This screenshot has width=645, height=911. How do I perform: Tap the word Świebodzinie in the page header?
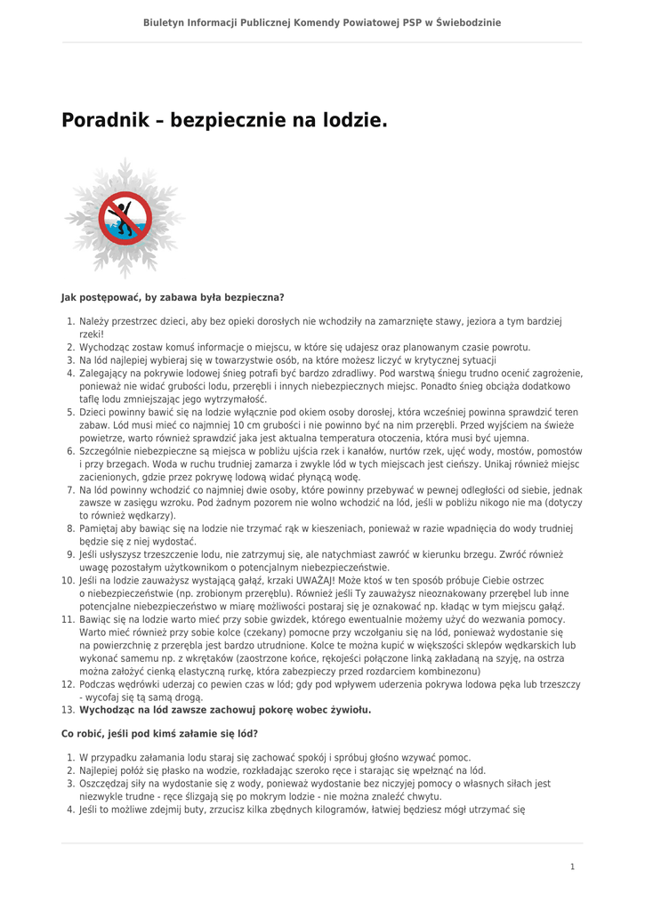(x=469, y=22)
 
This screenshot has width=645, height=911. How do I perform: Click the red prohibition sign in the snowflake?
(x=124, y=219)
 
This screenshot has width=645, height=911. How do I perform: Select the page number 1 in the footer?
(x=573, y=866)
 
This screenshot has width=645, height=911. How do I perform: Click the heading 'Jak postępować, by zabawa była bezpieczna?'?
(x=173, y=297)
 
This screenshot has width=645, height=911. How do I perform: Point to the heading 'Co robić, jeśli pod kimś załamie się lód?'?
(x=160, y=733)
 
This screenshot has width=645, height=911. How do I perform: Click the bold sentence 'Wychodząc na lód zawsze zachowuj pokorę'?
(x=225, y=710)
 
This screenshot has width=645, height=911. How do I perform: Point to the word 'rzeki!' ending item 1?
(x=92, y=334)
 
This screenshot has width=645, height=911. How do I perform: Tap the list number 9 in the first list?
(x=70, y=554)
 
